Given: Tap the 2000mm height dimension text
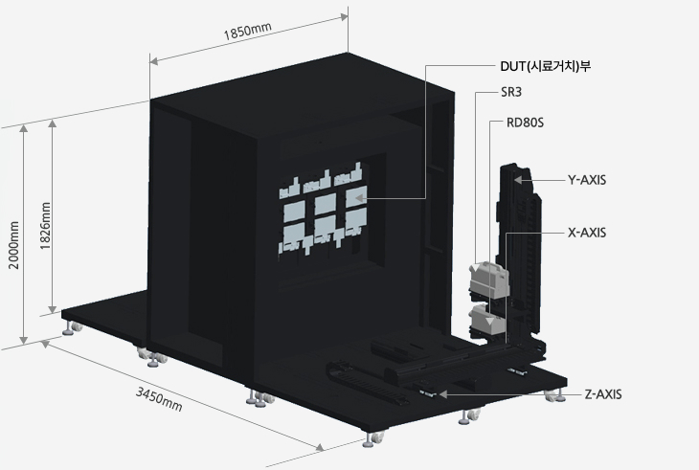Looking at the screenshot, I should point(12,246).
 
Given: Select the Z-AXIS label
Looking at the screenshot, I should point(603,393).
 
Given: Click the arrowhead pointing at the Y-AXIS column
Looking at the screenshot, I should point(518,179).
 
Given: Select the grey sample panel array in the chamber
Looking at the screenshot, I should point(321,213).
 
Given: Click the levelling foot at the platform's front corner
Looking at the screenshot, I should point(372,441).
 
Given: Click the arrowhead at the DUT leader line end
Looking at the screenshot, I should point(362,198).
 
